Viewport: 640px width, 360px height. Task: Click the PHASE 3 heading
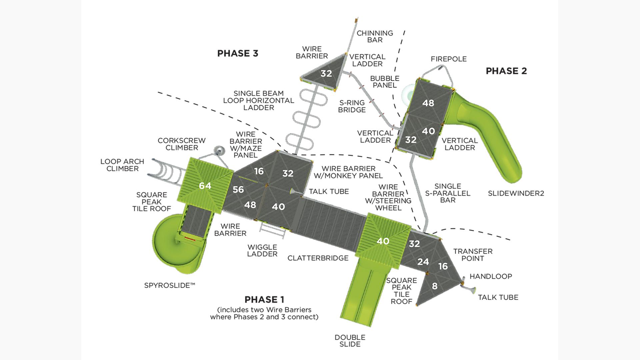point(238,53)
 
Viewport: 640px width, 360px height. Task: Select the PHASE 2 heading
point(506,71)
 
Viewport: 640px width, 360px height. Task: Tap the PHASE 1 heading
point(264,299)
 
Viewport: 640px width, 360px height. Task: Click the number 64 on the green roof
point(205,186)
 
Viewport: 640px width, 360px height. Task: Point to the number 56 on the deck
point(238,189)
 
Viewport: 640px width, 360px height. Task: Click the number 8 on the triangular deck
point(434,286)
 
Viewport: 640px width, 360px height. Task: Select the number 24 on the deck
point(423,262)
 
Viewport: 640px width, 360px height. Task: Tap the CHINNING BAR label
point(375,36)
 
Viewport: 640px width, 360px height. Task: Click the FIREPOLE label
point(448,59)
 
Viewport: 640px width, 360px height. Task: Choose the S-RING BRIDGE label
point(352,106)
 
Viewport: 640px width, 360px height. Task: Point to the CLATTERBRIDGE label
point(318,258)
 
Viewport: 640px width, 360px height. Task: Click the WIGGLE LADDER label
point(262,250)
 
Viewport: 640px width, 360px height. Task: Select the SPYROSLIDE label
point(169,285)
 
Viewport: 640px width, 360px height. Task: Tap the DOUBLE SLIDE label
point(350,341)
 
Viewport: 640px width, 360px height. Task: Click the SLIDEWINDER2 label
point(516,193)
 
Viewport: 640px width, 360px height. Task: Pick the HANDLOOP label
point(491,276)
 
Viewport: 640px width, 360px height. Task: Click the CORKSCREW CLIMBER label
point(182,144)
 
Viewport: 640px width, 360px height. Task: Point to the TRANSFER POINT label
point(473,255)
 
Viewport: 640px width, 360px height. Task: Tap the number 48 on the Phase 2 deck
point(428,103)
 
